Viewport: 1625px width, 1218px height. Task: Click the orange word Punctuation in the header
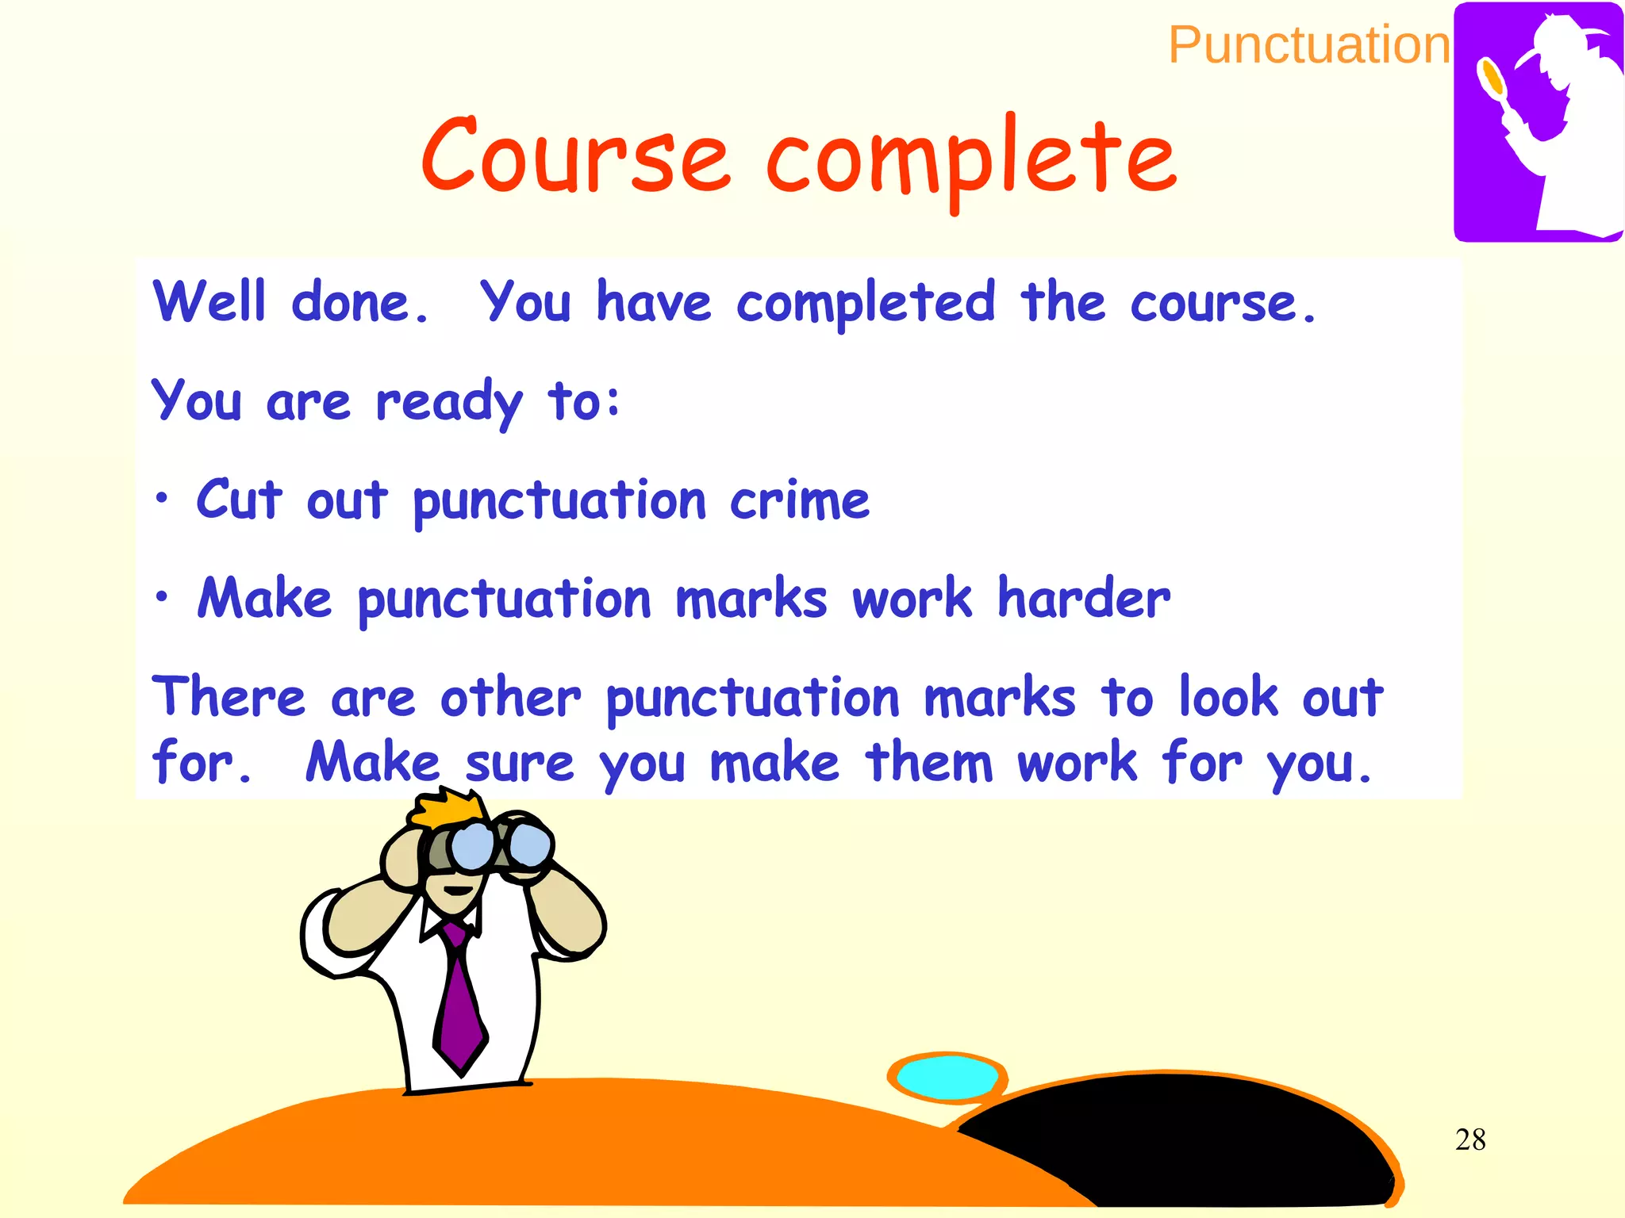click(x=1309, y=45)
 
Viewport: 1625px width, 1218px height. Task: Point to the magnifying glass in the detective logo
click(x=1492, y=79)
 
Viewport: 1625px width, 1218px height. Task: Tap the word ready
click(x=449, y=403)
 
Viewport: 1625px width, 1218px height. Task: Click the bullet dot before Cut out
click(x=162, y=499)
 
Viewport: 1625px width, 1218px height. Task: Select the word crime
click(x=799, y=500)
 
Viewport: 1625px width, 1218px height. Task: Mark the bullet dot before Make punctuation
click(x=162, y=596)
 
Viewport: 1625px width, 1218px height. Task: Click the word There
click(x=229, y=697)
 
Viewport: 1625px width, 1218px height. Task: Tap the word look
click(x=1227, y=697)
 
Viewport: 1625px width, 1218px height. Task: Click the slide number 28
click(x=1470, y=1139)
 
